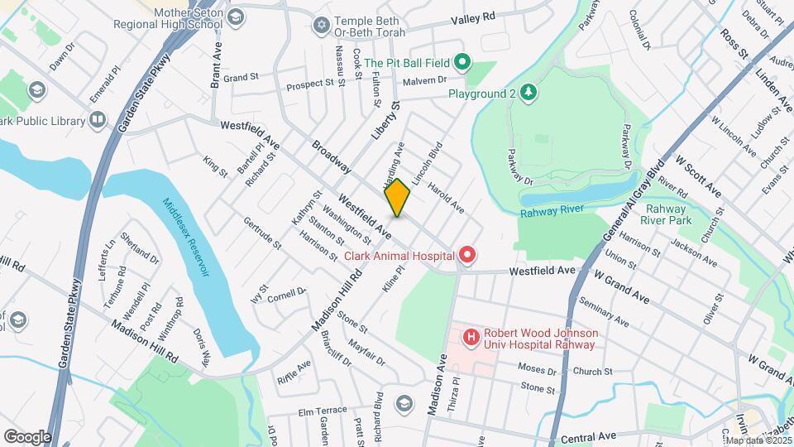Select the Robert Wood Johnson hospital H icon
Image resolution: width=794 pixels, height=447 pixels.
click(471, 337)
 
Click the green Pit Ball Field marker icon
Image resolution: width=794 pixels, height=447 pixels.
click(462, 62)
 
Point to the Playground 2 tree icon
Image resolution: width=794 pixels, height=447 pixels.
click(526, 93)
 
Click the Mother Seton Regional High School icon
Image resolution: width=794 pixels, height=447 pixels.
click(236, 17)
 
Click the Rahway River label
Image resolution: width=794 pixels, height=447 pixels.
click(552, 213)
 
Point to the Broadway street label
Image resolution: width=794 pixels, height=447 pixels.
click(331, 156)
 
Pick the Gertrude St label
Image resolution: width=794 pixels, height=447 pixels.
click(262, 234)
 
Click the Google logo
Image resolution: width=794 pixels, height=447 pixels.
click(27, 436)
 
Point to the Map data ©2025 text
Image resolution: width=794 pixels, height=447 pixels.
click(757, 440)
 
